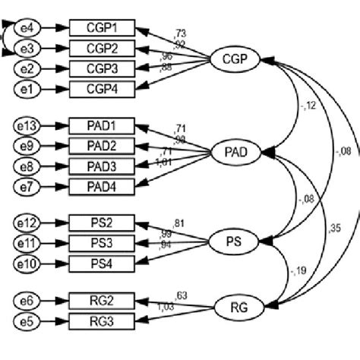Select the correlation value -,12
[286, 105]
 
